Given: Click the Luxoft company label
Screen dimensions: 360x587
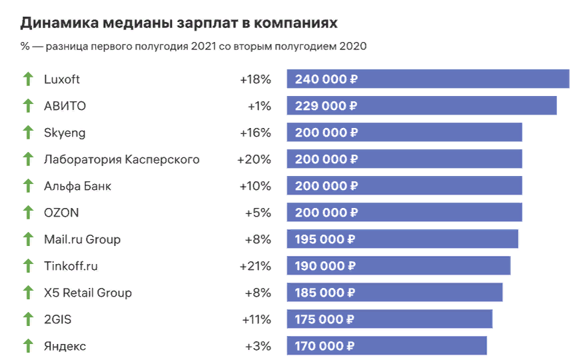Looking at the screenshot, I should tap(62, 79).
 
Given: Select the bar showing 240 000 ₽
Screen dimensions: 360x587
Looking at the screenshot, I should tap(428, 79).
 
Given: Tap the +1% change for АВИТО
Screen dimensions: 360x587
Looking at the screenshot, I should tap(259, 106).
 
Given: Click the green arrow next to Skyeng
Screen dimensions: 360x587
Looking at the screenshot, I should tap(28, 133).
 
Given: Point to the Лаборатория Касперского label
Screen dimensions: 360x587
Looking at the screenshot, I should tap(121, 159).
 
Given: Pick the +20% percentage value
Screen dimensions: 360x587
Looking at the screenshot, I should tap(255, 159).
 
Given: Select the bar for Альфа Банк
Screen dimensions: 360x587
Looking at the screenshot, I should tap(404, 186).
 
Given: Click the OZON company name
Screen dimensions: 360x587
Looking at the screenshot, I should tap(61, 213).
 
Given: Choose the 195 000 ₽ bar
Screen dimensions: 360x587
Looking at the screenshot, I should tap(402, 239).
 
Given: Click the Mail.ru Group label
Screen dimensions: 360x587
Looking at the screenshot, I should tap(82, 239).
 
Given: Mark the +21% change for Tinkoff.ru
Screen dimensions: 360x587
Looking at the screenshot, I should tap(255, 266).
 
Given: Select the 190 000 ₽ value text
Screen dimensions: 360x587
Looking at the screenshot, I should tap(325, 266).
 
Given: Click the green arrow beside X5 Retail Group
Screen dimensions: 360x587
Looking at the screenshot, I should tap(28, 293).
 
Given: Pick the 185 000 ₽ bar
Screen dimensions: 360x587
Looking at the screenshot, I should tap(394, 293).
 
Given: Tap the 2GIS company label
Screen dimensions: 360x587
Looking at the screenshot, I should tap(57, 319).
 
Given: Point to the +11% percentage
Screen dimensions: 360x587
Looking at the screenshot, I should tap(256, 319).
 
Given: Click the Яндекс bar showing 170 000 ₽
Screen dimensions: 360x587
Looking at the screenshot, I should tap(386, 346).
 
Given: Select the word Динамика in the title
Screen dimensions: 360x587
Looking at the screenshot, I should tap(59, 23).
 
